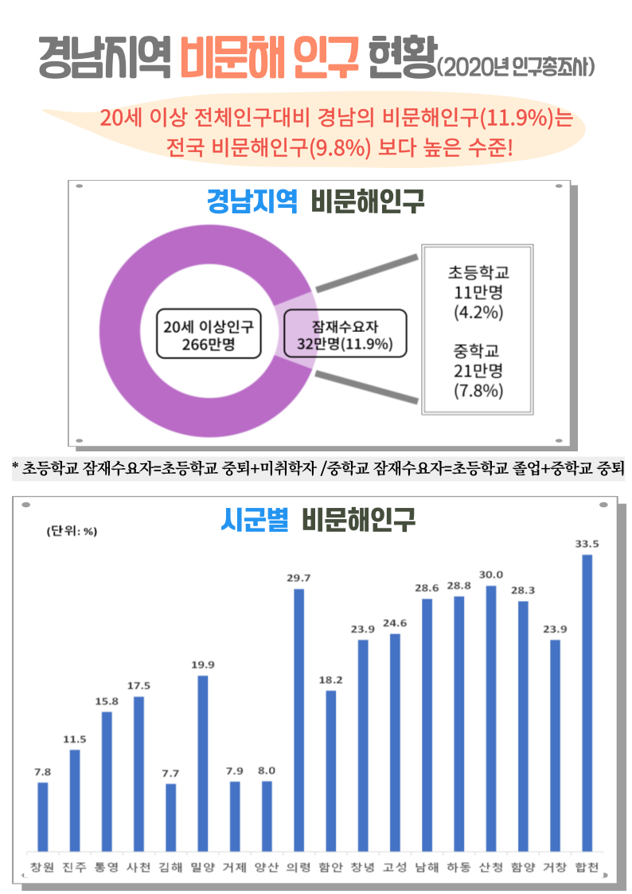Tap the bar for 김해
click(171, 818)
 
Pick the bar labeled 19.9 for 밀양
click(203, 763)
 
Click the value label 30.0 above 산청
click(491, 574)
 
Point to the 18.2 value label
click(330, 679)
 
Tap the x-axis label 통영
click(106, 867)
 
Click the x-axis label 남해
click(427, 867)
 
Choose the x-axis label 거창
click(555, 867)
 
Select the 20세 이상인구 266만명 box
click(209, 335)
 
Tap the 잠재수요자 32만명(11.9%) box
click(345, 335)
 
